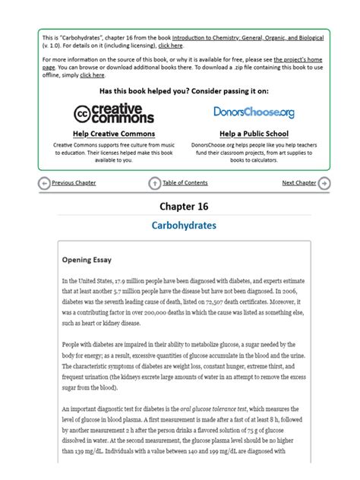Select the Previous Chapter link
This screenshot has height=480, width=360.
[x=74, y=183]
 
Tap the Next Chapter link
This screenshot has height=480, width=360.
[x=298, y=183]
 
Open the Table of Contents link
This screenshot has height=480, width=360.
[x=185, y=183]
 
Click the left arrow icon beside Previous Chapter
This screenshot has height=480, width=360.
[x=44, y=183]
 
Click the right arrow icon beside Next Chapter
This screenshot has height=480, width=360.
[x=324, y=183]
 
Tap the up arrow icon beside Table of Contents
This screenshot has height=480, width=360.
[x=155, y=183]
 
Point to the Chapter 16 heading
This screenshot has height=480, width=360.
[x=183, y=206]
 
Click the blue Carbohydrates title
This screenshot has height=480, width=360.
[x=183, y=226]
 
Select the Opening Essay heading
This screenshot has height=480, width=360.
[x=87, y=260]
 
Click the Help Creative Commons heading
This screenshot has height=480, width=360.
[x=113, y=134]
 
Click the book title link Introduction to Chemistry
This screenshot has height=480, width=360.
[x=235, y=36]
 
